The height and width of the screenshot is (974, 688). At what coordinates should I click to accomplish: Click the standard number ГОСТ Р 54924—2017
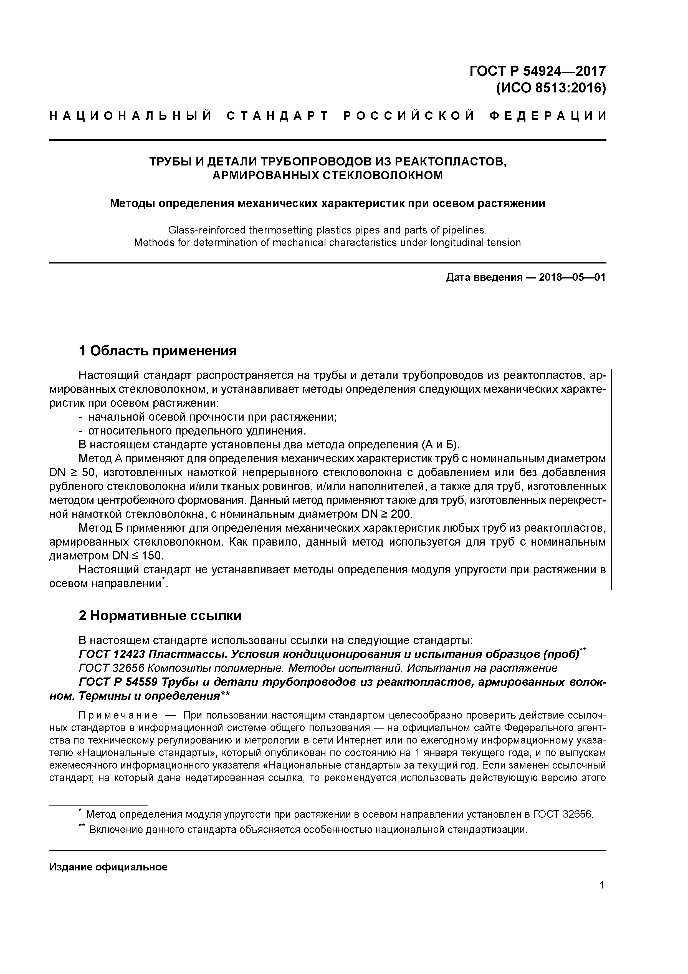(538, 71)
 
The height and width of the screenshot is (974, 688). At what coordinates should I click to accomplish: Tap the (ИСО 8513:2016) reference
(551, 88)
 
